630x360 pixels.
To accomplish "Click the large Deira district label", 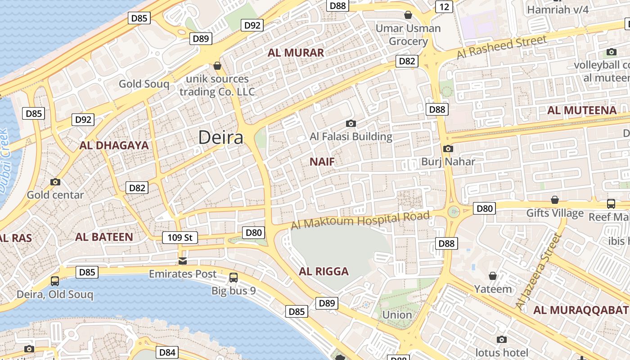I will pos(220,137).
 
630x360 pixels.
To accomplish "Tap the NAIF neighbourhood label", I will pos(323,162).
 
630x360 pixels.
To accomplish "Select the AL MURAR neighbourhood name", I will pos(296,53).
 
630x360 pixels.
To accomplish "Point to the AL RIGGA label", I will pos(324,271).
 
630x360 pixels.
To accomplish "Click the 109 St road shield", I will pos(180,237).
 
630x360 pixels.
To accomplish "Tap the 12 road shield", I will pos(444,6).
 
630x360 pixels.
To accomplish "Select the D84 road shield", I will pos(167,352).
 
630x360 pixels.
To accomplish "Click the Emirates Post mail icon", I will pos(182,261).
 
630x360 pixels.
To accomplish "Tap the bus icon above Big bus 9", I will pos(234,278).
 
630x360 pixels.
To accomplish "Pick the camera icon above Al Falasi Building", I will pos(351,123).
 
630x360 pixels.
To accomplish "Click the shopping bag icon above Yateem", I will pos(493,276).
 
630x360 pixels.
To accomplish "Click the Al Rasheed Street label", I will pos(502,47).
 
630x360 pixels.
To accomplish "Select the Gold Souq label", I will pos(144,84).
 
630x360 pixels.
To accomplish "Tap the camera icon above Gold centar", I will pos(55,182).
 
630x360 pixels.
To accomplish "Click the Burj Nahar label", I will pos(448,161).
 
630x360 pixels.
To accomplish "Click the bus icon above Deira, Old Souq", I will pos(55,281).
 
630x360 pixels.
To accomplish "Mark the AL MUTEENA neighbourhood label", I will pos(581,110).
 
